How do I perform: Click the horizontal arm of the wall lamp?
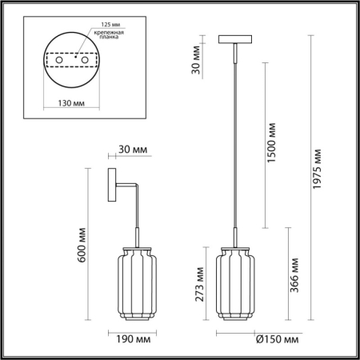(x=126, y=186)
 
